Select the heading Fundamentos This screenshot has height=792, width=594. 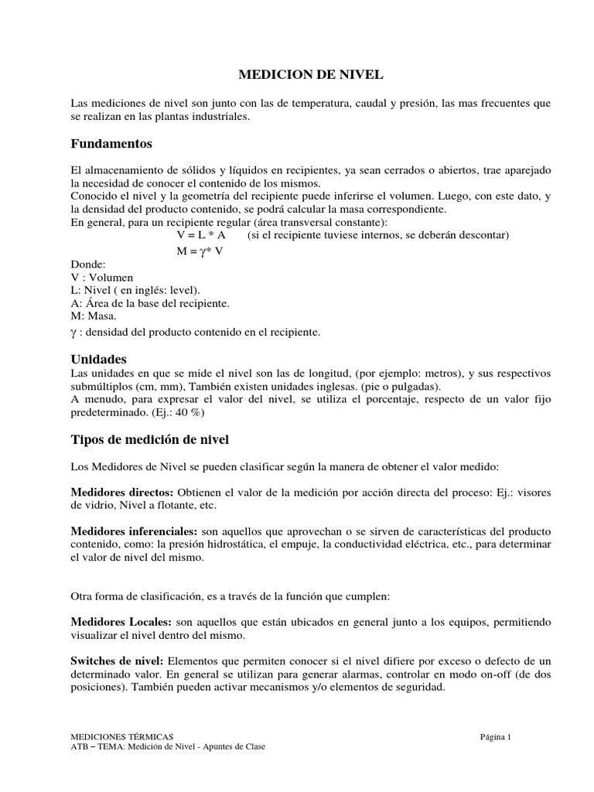[x=111, y=144]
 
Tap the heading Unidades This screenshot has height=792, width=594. [x=98, y=360]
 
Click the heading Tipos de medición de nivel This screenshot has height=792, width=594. [x=149, y=439]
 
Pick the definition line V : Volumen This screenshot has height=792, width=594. [x=101, y=277]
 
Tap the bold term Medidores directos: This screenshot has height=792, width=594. [x=123, y=493]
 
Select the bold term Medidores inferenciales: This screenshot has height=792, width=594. [x=135, y=532]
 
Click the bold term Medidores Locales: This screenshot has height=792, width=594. [x=121, y=622]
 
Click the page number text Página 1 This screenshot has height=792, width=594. [x=496, y=737]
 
